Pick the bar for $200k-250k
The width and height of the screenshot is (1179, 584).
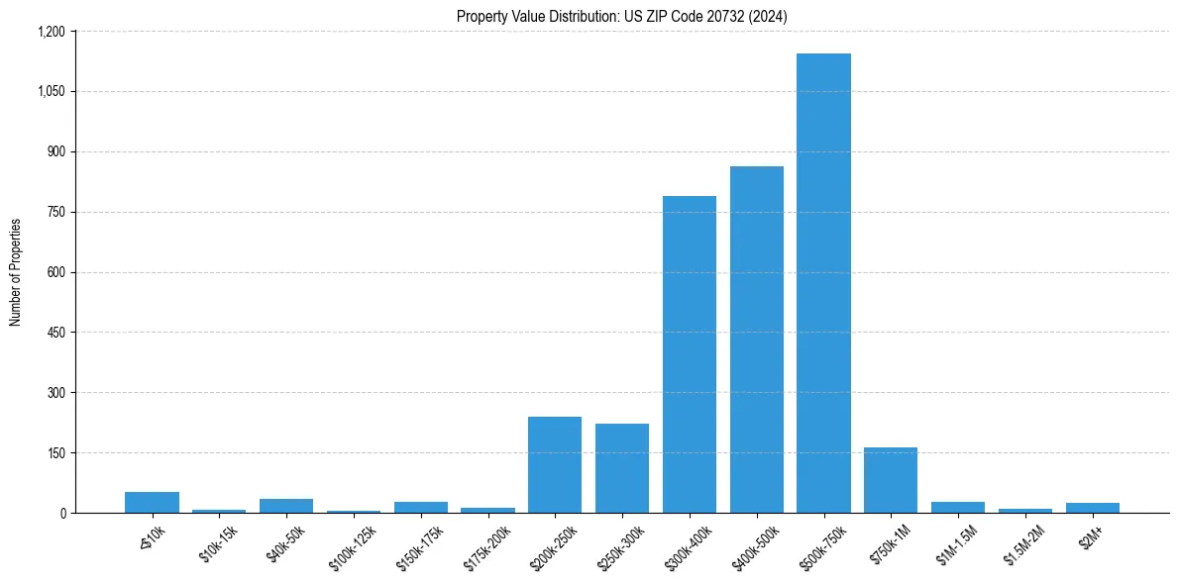tap(555, 464)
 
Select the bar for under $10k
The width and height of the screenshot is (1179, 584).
tap(152, 502)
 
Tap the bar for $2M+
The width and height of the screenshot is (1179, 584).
tap(1092, 508)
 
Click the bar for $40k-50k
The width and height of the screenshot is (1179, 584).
tap(286, 506)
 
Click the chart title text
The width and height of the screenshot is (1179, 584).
tap(621, 16)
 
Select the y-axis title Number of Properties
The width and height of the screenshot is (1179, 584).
tap(16, 272)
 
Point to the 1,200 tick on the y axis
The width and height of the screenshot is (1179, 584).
tap(52, 32)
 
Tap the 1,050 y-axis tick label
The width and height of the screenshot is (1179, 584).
tap(52, 92)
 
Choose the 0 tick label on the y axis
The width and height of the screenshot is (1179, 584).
tap(63, 513)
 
